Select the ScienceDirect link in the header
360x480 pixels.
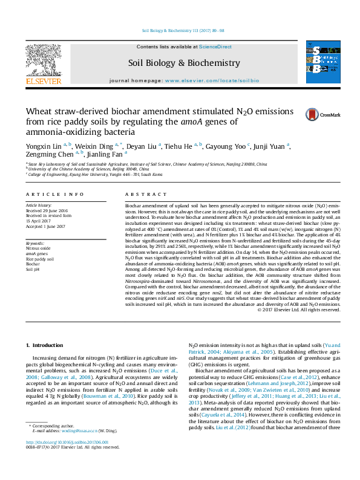click(215, 47)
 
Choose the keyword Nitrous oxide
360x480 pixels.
click(38, 248)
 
